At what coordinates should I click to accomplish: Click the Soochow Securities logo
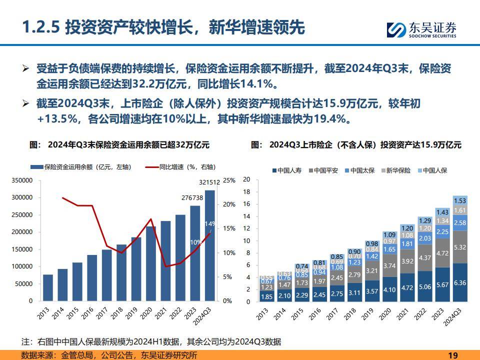click(421, 29)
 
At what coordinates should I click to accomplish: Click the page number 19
click(453, 355)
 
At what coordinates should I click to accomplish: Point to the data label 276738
click(193, 197)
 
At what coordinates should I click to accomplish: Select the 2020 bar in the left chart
click(151, 264)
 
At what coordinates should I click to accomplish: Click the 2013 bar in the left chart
click(48, 287)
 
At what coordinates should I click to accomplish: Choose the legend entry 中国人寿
click(288, 170)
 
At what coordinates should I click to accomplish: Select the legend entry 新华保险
click(396, 170)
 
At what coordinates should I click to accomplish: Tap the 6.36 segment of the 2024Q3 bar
click(460, 282)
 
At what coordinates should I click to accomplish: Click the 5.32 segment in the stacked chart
click(460, 247)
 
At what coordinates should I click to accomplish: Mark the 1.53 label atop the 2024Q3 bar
click(460, 200)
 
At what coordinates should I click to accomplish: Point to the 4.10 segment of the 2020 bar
click(389, 289)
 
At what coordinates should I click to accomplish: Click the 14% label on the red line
click(209, 223)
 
